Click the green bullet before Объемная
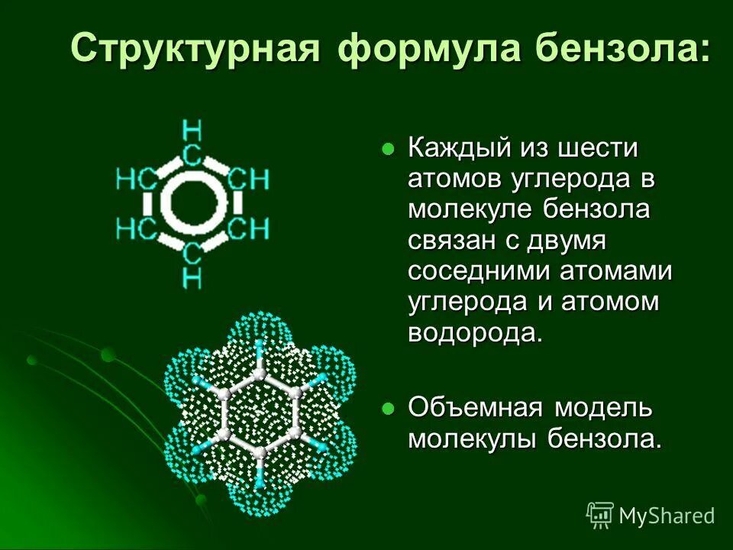point(389,409)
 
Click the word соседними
point(479,271)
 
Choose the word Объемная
point(473,407)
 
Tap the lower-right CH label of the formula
point(250,228)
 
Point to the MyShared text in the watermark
point(667,515)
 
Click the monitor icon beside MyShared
point(600,515)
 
